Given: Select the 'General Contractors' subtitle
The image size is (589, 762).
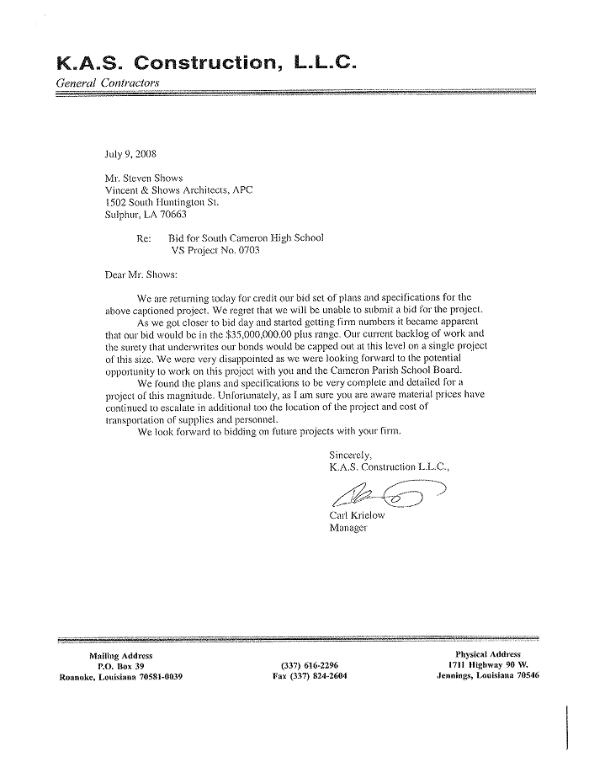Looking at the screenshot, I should coord(107,83).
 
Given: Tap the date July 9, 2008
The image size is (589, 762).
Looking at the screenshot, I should coord(130,154).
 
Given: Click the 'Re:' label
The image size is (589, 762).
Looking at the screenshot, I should coord(143,238).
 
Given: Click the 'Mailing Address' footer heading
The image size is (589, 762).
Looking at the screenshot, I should coord(121,655).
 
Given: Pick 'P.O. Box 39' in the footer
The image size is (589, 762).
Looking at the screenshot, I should coord(122,666).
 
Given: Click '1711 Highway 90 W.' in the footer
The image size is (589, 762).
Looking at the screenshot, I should coord(488,665).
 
